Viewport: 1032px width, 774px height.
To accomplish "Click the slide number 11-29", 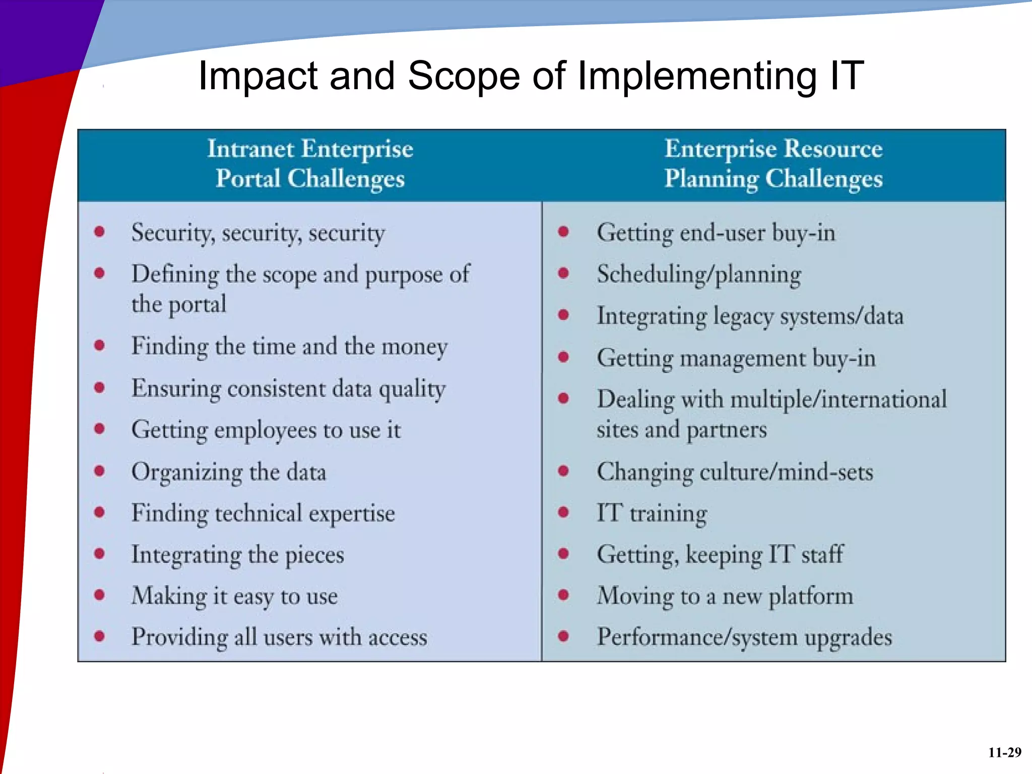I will [x=1004, y=752].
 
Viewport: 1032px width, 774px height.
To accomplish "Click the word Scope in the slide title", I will [x=463, y=76].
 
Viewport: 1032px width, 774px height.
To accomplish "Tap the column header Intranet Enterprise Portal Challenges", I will [x=310, y=164].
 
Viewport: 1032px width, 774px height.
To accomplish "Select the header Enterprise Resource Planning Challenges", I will [x=773, y=164].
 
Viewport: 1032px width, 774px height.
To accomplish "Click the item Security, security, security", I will [x=258, y=233].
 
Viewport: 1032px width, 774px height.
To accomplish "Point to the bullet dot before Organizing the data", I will [x=100, y=471].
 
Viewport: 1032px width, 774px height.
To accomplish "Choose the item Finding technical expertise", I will [x=263, y=513].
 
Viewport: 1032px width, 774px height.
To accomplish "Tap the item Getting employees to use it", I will [x=266, y=430].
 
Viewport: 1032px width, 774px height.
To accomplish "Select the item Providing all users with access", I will [x=279, y=637].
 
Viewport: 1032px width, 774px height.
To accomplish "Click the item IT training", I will [x=652, y=513].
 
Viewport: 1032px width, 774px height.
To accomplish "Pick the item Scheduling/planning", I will [x=699, y=275].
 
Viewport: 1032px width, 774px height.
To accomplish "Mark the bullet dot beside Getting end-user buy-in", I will [x=563, y=232].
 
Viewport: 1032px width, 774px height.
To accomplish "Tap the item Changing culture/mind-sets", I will [x=735, y=472].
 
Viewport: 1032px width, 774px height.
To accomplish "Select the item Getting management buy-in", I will [x=736, y=358].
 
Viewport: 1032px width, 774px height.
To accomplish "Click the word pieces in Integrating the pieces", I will [x=314, y=555].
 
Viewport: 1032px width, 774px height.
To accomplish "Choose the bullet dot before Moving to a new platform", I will [x=563, y=595].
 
